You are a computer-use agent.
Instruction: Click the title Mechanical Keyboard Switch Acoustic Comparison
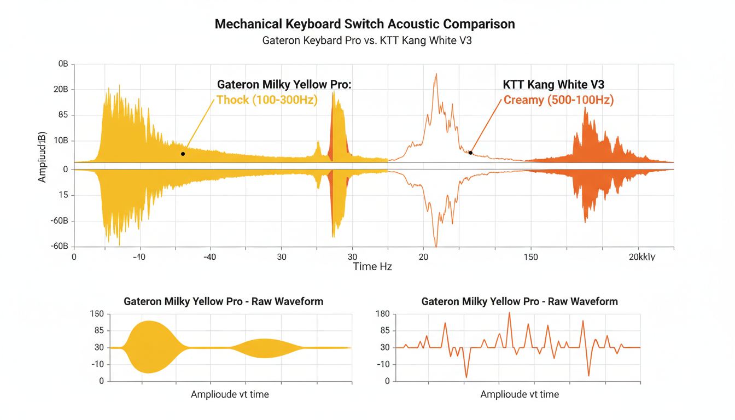(365, 24)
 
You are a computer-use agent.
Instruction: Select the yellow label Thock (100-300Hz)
(267, 100)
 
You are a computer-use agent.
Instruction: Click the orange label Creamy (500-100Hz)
(558, 100)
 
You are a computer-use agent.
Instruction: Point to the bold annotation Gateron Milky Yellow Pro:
(283, 85)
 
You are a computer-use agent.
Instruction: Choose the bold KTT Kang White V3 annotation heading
(553, 85)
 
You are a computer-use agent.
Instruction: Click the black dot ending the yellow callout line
(183, 154)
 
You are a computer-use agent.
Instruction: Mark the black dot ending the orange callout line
(470, 153)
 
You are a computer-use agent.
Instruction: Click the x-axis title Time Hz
(372, 266)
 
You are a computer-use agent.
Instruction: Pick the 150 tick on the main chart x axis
(530, 257)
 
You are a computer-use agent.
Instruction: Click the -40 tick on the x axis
(209, 257)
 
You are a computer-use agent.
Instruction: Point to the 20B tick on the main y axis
(61, 90)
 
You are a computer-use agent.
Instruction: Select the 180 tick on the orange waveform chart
(383, 314)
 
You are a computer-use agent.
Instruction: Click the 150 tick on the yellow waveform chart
(97, 314)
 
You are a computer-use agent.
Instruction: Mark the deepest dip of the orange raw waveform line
(466, 377)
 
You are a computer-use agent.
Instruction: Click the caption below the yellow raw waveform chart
(230, 394)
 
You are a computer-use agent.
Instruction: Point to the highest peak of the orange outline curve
(436, 74)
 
